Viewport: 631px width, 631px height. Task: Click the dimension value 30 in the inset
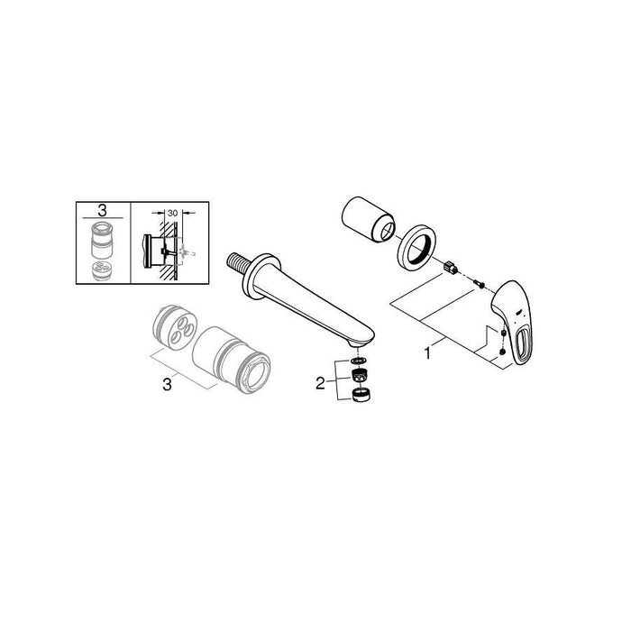tap(172, 213)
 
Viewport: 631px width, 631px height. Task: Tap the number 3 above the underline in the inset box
tap(103, 210)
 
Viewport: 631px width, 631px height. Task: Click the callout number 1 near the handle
tap(427, 353)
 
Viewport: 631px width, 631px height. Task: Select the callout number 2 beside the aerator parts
tap(320, 383)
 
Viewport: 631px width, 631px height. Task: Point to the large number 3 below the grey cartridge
tap(167, 384)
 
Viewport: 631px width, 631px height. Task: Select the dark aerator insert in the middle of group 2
tap(360, 375)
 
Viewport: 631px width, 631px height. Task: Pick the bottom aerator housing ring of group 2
tap(361, 395)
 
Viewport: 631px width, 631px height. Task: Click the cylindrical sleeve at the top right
tap(368, 220)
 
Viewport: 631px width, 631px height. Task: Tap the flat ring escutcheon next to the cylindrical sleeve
tap(417, 247)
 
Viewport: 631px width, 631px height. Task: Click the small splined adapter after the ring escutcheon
tap(449, 268)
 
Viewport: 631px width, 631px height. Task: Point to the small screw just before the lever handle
tap(478, 284)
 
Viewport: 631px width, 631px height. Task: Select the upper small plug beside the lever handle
tap(503, 333)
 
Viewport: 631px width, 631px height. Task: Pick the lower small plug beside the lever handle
tap(501, 352)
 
